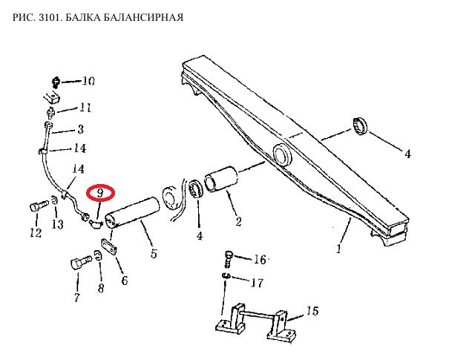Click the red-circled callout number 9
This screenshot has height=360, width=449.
coord(101,194)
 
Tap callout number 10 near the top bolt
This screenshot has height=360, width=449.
coord(89,81)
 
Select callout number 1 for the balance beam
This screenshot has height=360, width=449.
coord(338,249)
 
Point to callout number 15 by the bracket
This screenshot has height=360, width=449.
coord(312,310)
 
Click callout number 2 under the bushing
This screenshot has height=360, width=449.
coord(237,220)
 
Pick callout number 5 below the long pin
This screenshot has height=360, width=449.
coord(153,254)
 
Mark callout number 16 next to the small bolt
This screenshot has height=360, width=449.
coord(259,259)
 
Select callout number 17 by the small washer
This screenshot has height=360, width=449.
coord(256,283)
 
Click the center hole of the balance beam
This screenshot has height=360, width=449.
coord(283,155)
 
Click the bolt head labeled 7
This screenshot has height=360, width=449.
coord(77,264)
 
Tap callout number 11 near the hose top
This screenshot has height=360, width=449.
coord(85,108)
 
